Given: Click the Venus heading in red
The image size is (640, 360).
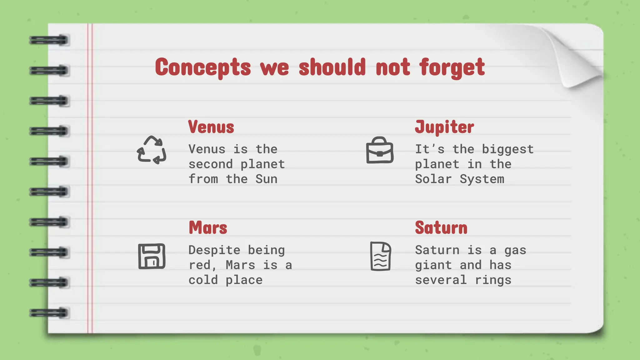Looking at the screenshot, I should (211, 127).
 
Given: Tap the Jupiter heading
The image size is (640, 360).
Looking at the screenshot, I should (444, 127).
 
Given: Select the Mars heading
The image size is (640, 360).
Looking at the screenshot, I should (208, 228).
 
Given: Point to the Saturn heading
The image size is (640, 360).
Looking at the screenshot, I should (441, 228).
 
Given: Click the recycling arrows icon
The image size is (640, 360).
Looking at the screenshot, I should (152, 150).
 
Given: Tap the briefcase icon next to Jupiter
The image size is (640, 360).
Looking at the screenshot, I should (380, 150).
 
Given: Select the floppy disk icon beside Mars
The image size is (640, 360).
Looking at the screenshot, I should (152, 256).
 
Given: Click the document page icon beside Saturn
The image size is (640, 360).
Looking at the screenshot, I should (380, 256).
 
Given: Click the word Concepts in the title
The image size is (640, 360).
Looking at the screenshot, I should (203, 67).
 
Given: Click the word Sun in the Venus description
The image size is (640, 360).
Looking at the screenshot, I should (266, 179).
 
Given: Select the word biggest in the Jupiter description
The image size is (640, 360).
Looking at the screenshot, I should (507, 149).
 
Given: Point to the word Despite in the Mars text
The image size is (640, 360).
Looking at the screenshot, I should (214, 250).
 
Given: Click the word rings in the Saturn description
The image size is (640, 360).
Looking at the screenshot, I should (493, 280).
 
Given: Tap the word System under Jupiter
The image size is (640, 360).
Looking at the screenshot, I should (482, 179).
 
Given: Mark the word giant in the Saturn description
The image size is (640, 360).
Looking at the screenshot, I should (433, 265).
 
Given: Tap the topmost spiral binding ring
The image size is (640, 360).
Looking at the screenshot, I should (49, 40).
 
